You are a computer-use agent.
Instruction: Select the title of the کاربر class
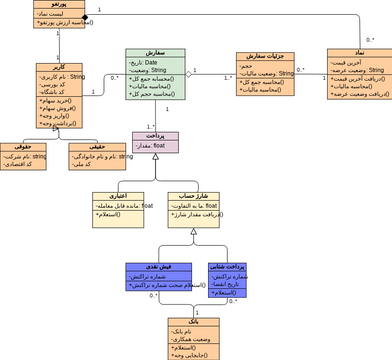click(x=58, y=68)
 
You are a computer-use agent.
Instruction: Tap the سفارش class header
click(x=156, y=53)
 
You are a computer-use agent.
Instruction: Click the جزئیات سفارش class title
click(x=265, y=57)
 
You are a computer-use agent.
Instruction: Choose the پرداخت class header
click(x=156, y=134)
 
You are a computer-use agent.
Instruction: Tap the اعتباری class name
click(x=118, y=197)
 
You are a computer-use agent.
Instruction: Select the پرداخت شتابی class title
click(x=228, y=267)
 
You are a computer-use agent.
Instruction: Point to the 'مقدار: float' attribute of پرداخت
click(x=156, y=146)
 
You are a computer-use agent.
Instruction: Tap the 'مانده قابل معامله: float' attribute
click(x=118, y=207)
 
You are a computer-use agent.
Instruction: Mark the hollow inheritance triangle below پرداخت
click(x=155, y=171)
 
